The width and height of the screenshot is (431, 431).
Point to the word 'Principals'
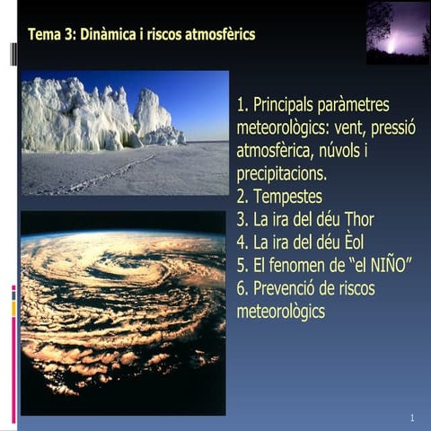pyautogui.click(x=294, y=104)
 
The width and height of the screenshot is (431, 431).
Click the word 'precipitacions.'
pyautogui.click(x=282, y=173)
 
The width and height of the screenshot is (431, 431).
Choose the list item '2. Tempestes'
pyautogui.click(x=279, y=196)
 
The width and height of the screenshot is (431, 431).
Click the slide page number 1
pyautogui.click(x=411, y=418)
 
